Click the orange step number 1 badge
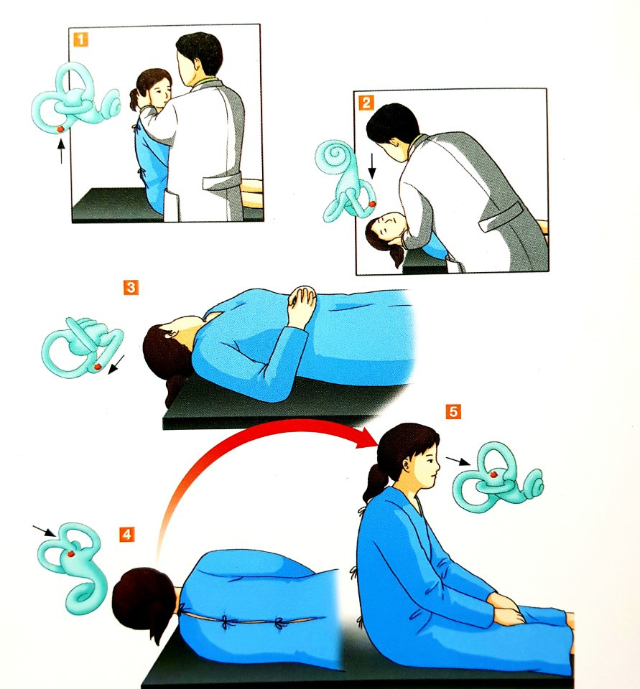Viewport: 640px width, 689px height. pos(80,39)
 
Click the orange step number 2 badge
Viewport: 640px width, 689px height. pos(366,103)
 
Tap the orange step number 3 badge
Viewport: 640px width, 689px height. pos(131,288)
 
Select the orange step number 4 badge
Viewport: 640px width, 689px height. pos(126,534)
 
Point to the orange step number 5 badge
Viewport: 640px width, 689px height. pos(453,412)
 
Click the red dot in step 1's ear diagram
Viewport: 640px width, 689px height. pos(61,128)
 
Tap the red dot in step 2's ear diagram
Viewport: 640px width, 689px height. pos(372,203)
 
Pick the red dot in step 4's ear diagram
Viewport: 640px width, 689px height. pos(70,553)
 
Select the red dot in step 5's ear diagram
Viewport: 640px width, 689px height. pos(493,474)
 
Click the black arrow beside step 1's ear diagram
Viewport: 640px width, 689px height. pos(61,151)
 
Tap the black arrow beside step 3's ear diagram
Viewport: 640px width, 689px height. pos(116,365)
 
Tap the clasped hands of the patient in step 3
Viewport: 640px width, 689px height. pos(302,299)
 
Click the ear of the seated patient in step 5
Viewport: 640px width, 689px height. pos(407,464)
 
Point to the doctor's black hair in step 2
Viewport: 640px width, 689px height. pos(391,122)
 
